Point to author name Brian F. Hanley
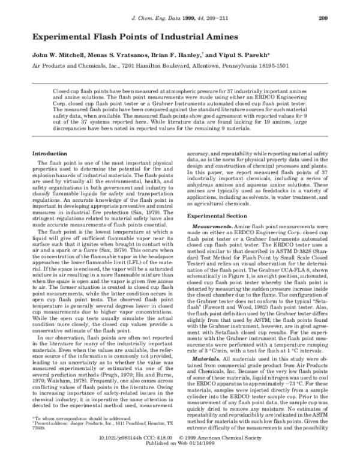tap(181, 54)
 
